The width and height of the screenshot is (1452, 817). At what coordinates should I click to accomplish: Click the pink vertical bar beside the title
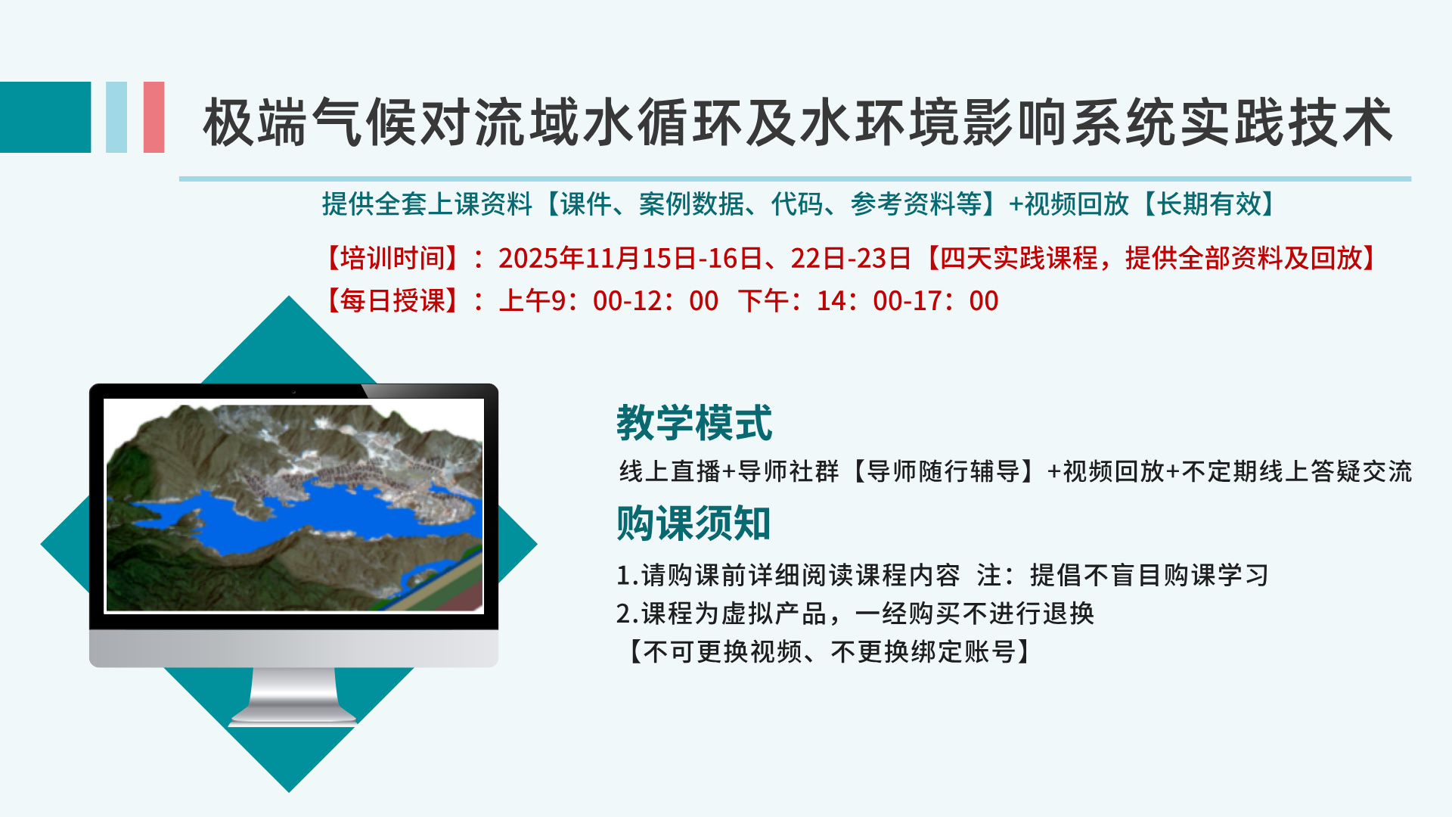[x=154, y=117]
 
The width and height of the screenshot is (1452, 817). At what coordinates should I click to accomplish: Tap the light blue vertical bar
[x=116, y=117]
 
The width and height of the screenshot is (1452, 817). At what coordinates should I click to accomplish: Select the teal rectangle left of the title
[x=45, y=117]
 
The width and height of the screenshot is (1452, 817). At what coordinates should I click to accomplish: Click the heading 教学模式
[x=694, y=422]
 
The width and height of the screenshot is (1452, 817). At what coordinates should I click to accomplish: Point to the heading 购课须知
[x=693, y=523]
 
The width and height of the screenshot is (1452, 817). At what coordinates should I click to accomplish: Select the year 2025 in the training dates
[x=527, y=259]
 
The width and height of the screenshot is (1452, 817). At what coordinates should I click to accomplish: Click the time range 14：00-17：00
[x=907, y=301]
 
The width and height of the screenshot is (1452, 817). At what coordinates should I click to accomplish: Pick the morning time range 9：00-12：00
[x=634, y=301]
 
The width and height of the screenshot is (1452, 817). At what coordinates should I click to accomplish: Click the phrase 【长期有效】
[x=1208, y=203]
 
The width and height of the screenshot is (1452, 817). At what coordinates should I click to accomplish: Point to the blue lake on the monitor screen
[x=302, y=514]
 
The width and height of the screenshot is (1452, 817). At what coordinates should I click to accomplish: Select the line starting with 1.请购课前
[x=942, y=575]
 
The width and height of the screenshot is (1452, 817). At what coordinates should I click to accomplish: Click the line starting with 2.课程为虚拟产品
[x=855, y=613]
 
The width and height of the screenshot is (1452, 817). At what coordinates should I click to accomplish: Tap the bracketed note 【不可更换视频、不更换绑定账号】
[x=829, y=651]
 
